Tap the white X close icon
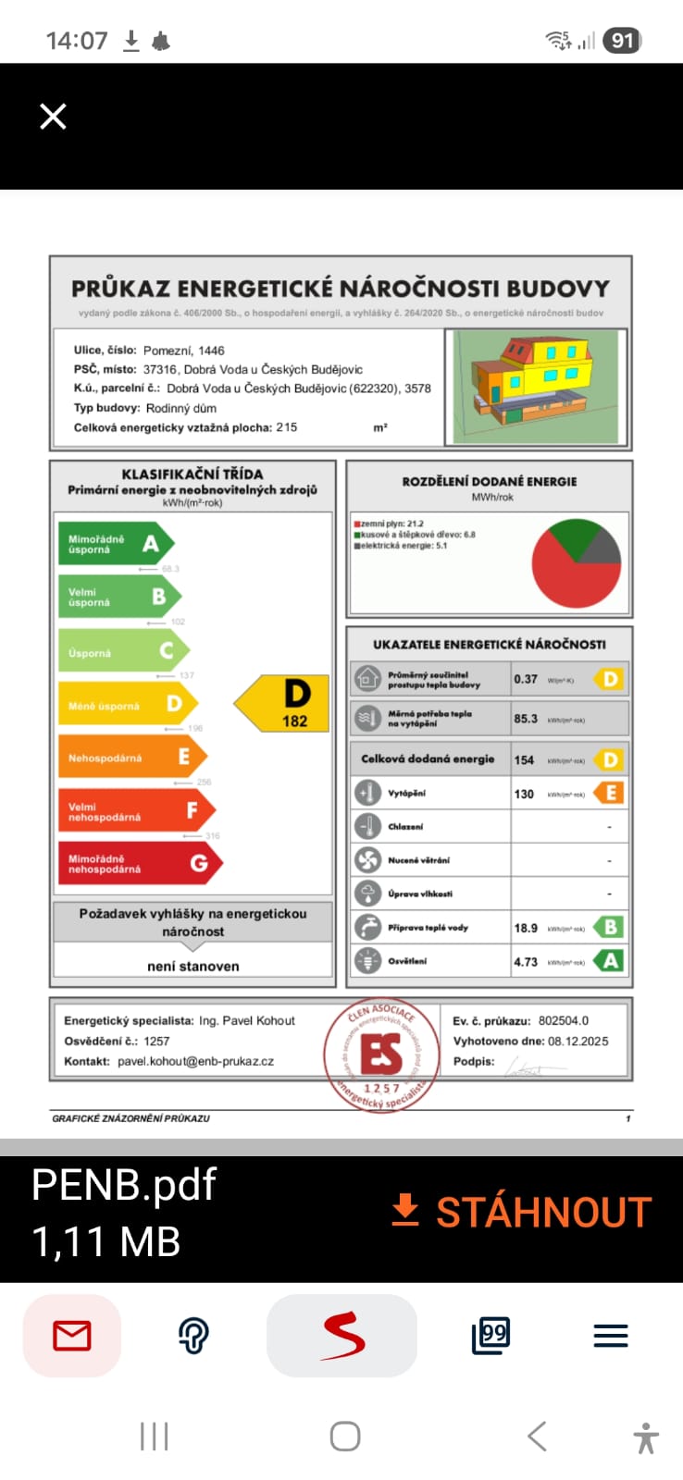[x=53, y=117]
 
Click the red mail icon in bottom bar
[x=72, y=1336]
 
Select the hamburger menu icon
[x=610, y=1336]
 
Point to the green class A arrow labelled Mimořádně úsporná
[x=113, y=544]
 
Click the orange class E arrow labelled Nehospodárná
[x=129, y=758]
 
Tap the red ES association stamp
[x=380, y=1054]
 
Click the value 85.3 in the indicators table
[x=526, y=719]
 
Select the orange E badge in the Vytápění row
[x=610, y=793]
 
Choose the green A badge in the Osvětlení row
[x=610, y=961]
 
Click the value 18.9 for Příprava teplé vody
[x=526, y=928]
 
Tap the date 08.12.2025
[x=577, y=1041]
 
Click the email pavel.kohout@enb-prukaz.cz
[x=195, y=1061]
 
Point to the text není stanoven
[x=192, y=966]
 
